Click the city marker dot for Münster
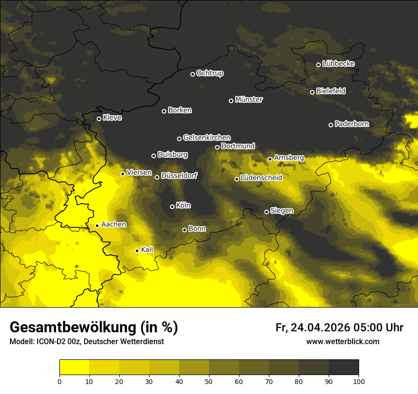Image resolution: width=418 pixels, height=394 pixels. pyautogui.click(x=231, y=101)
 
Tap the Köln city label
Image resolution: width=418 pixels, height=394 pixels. pyautogui.click(x=183, y=206)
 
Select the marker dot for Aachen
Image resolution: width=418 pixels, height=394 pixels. pyautogui.click(x=97, y=225)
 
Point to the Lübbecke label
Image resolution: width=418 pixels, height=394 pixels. pyautogui.click(x=338, y=64)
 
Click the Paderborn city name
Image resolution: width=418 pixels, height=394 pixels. pyautogui.click(x=351, y=124)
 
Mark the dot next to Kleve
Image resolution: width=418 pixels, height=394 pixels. pyautogui.click(x=99, y=119)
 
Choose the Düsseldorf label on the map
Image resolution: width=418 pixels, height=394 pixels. pyautogui.click(x=179, y=176)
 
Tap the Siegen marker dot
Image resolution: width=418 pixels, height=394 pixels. pyautogui.click(x=266, y=212)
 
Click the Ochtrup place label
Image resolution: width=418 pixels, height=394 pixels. pyautogui.click(x=209, y=73)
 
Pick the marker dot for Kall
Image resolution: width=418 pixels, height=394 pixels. pyautogui.click(x=137, y=251)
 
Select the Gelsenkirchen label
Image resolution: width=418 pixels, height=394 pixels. pyautogui.click(x=207, y=138)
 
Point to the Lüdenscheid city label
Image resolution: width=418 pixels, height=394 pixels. pyautogui.click(x=261, y=178)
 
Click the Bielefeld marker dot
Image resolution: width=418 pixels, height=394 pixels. pyautogui.click(x=312, y=92)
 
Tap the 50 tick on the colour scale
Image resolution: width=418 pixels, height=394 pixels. pyautogui.click(x=209, y=381)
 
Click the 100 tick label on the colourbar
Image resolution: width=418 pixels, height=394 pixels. pyautogui.click(x=359, y=381)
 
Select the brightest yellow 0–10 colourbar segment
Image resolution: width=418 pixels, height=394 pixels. pyautogui.click(x=74, y=367)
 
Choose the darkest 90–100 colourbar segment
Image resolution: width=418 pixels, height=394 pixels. pyautogui.click(x=343, y=367)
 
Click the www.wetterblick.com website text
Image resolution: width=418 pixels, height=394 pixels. pyautogui.click(x=342, y=341)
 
